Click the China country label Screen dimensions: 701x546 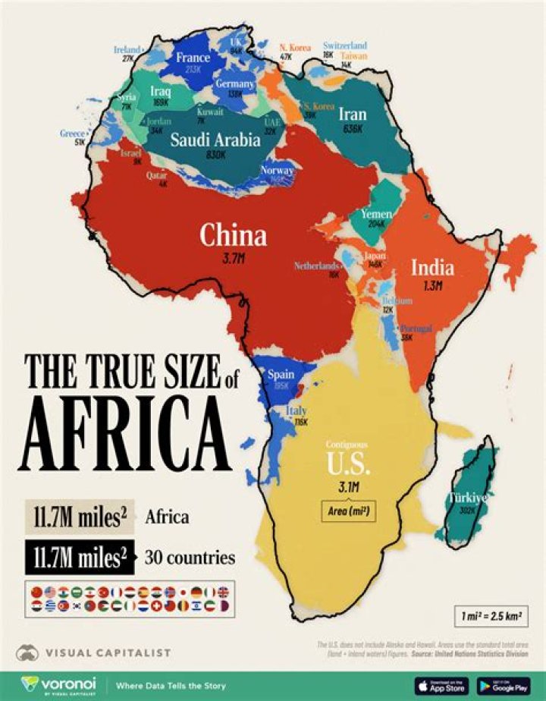(x=233, y=236)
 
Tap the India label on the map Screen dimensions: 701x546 (x=432, y=267)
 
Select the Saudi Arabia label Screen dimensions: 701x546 (x=215, y=140)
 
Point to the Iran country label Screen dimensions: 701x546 (x=352, y=115)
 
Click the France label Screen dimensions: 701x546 (x=193, y=57)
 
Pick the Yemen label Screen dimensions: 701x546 (x=376, y=214)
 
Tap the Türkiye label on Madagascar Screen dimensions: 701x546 (x=468, y=498)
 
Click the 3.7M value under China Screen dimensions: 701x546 (x=233, y=259)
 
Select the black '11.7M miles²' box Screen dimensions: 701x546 (x=77, y=558)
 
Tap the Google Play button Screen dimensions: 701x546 (x=503, y=685)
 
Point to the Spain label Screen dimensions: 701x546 (x=281, y=375)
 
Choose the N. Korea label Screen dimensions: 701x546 (x=295, y=48)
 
